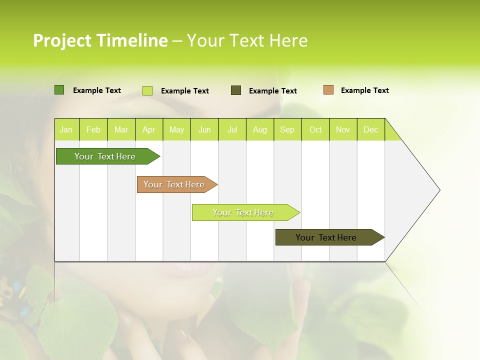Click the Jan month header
(x=66, y=129)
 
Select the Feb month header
(x=93, y=129)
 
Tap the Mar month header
(x=121, y=129)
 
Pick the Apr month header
(x=149, y=129)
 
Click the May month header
(x=176, y=129)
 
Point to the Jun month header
(x=204, y=129)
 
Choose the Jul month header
(x=232, y=129)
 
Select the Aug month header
(x=260, y=129)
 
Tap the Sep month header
(x=287, y=129)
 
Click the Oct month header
(x=315, y=129)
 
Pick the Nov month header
(x=343, y=129)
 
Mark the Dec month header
(x=371, y=129)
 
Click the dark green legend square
(x=59, y=90)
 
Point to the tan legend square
(x=328, y=90)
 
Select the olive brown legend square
(x=236, y=90)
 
